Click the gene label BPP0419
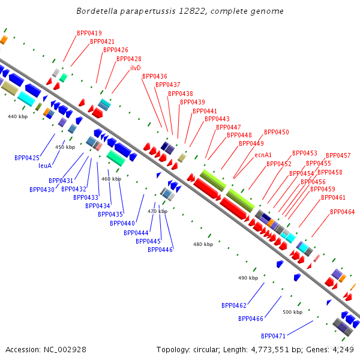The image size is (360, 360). [89, 33]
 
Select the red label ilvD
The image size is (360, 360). [135, 68]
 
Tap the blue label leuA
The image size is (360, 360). [45, 166]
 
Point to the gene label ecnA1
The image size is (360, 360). [263, 155]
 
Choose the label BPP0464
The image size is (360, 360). [342, 212]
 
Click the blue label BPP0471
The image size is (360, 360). [273, 336]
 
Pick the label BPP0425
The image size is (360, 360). [27, 158]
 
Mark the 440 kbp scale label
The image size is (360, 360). [17, 116]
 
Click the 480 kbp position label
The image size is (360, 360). [203, 244]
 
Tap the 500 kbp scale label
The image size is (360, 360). [292, 312]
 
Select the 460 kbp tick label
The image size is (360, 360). [111, 179]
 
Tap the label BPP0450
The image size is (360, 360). [277, 132]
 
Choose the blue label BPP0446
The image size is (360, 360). [160, 250]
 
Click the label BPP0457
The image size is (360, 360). [338, 155]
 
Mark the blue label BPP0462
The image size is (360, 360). [234, 305]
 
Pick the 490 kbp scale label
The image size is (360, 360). [248, 278]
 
